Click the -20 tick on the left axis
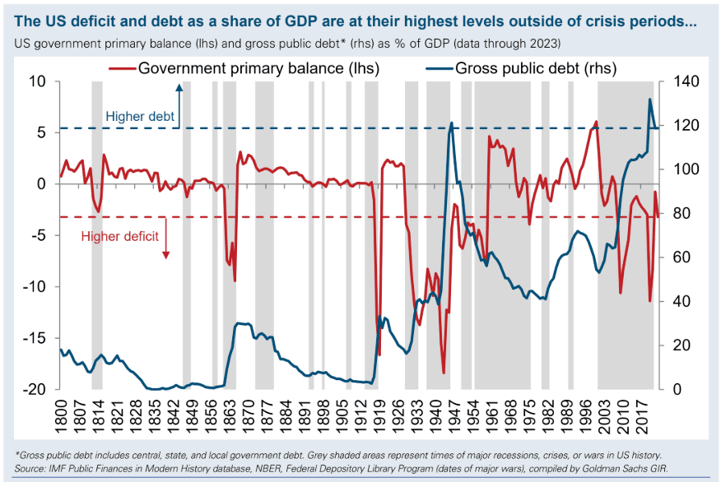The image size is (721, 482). point(38,389)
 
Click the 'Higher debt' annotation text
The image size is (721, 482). point(140,117)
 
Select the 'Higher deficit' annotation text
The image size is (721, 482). point(119,237)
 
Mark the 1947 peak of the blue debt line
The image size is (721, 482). point(451,123)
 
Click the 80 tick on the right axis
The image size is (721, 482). point(686,214)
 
